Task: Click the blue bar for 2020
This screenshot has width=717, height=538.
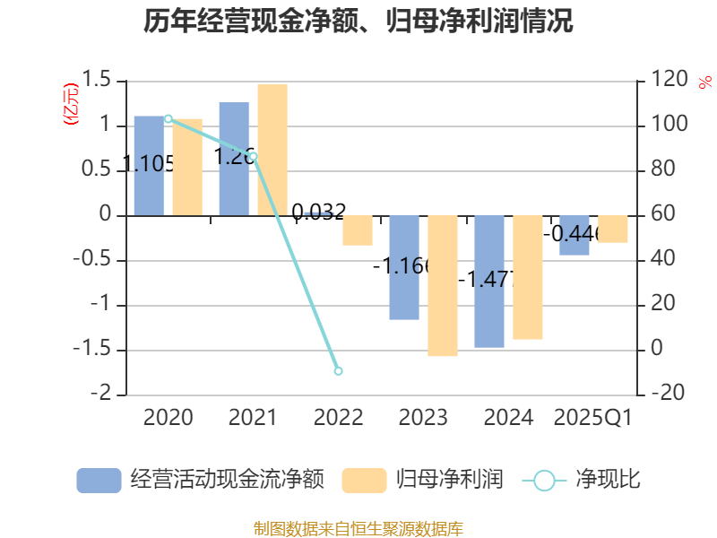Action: (149, 166)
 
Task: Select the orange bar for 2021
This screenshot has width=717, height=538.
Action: (272, 149)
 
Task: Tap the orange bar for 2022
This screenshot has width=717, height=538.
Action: (357, 230)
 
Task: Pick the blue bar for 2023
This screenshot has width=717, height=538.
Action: (404, 267)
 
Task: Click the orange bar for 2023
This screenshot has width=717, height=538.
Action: (443, 286)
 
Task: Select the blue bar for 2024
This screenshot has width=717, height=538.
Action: (489, 282)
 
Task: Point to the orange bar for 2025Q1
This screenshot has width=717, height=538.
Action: (613, 230)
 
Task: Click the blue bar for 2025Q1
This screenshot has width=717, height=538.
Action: (574, 236)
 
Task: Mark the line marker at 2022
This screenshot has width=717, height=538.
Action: (338, 370)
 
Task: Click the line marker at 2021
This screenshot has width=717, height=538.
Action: (253, 156)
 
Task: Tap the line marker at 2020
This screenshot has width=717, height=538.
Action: (168, 118)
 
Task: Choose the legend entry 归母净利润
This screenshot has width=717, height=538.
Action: (423, 480)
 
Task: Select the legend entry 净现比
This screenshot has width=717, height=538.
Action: (583, 480)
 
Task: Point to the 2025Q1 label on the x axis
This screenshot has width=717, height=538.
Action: (593, 418)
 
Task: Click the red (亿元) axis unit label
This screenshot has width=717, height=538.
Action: (71, 104)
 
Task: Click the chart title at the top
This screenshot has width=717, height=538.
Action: (358, 21)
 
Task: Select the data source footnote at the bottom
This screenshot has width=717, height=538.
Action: (358, 528)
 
